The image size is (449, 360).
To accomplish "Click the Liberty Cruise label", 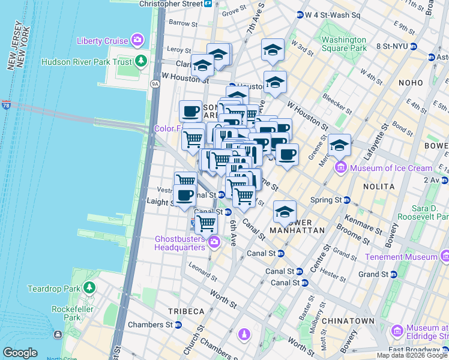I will [x=102, y=41].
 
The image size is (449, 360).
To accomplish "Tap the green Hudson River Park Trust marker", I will [x=141, y=61].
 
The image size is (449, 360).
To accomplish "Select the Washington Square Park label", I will [x=344, y=44].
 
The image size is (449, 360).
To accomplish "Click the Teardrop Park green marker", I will [x=89, y=288].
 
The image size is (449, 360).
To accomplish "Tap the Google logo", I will [x=20, y=353].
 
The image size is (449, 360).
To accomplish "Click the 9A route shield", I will [x=155, y=85].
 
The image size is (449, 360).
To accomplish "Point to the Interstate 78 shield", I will [x=5, y=105].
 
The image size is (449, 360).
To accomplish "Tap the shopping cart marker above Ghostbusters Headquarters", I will [x=206, y=223].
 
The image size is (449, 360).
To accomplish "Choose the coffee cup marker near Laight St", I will [x=184, y=195].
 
